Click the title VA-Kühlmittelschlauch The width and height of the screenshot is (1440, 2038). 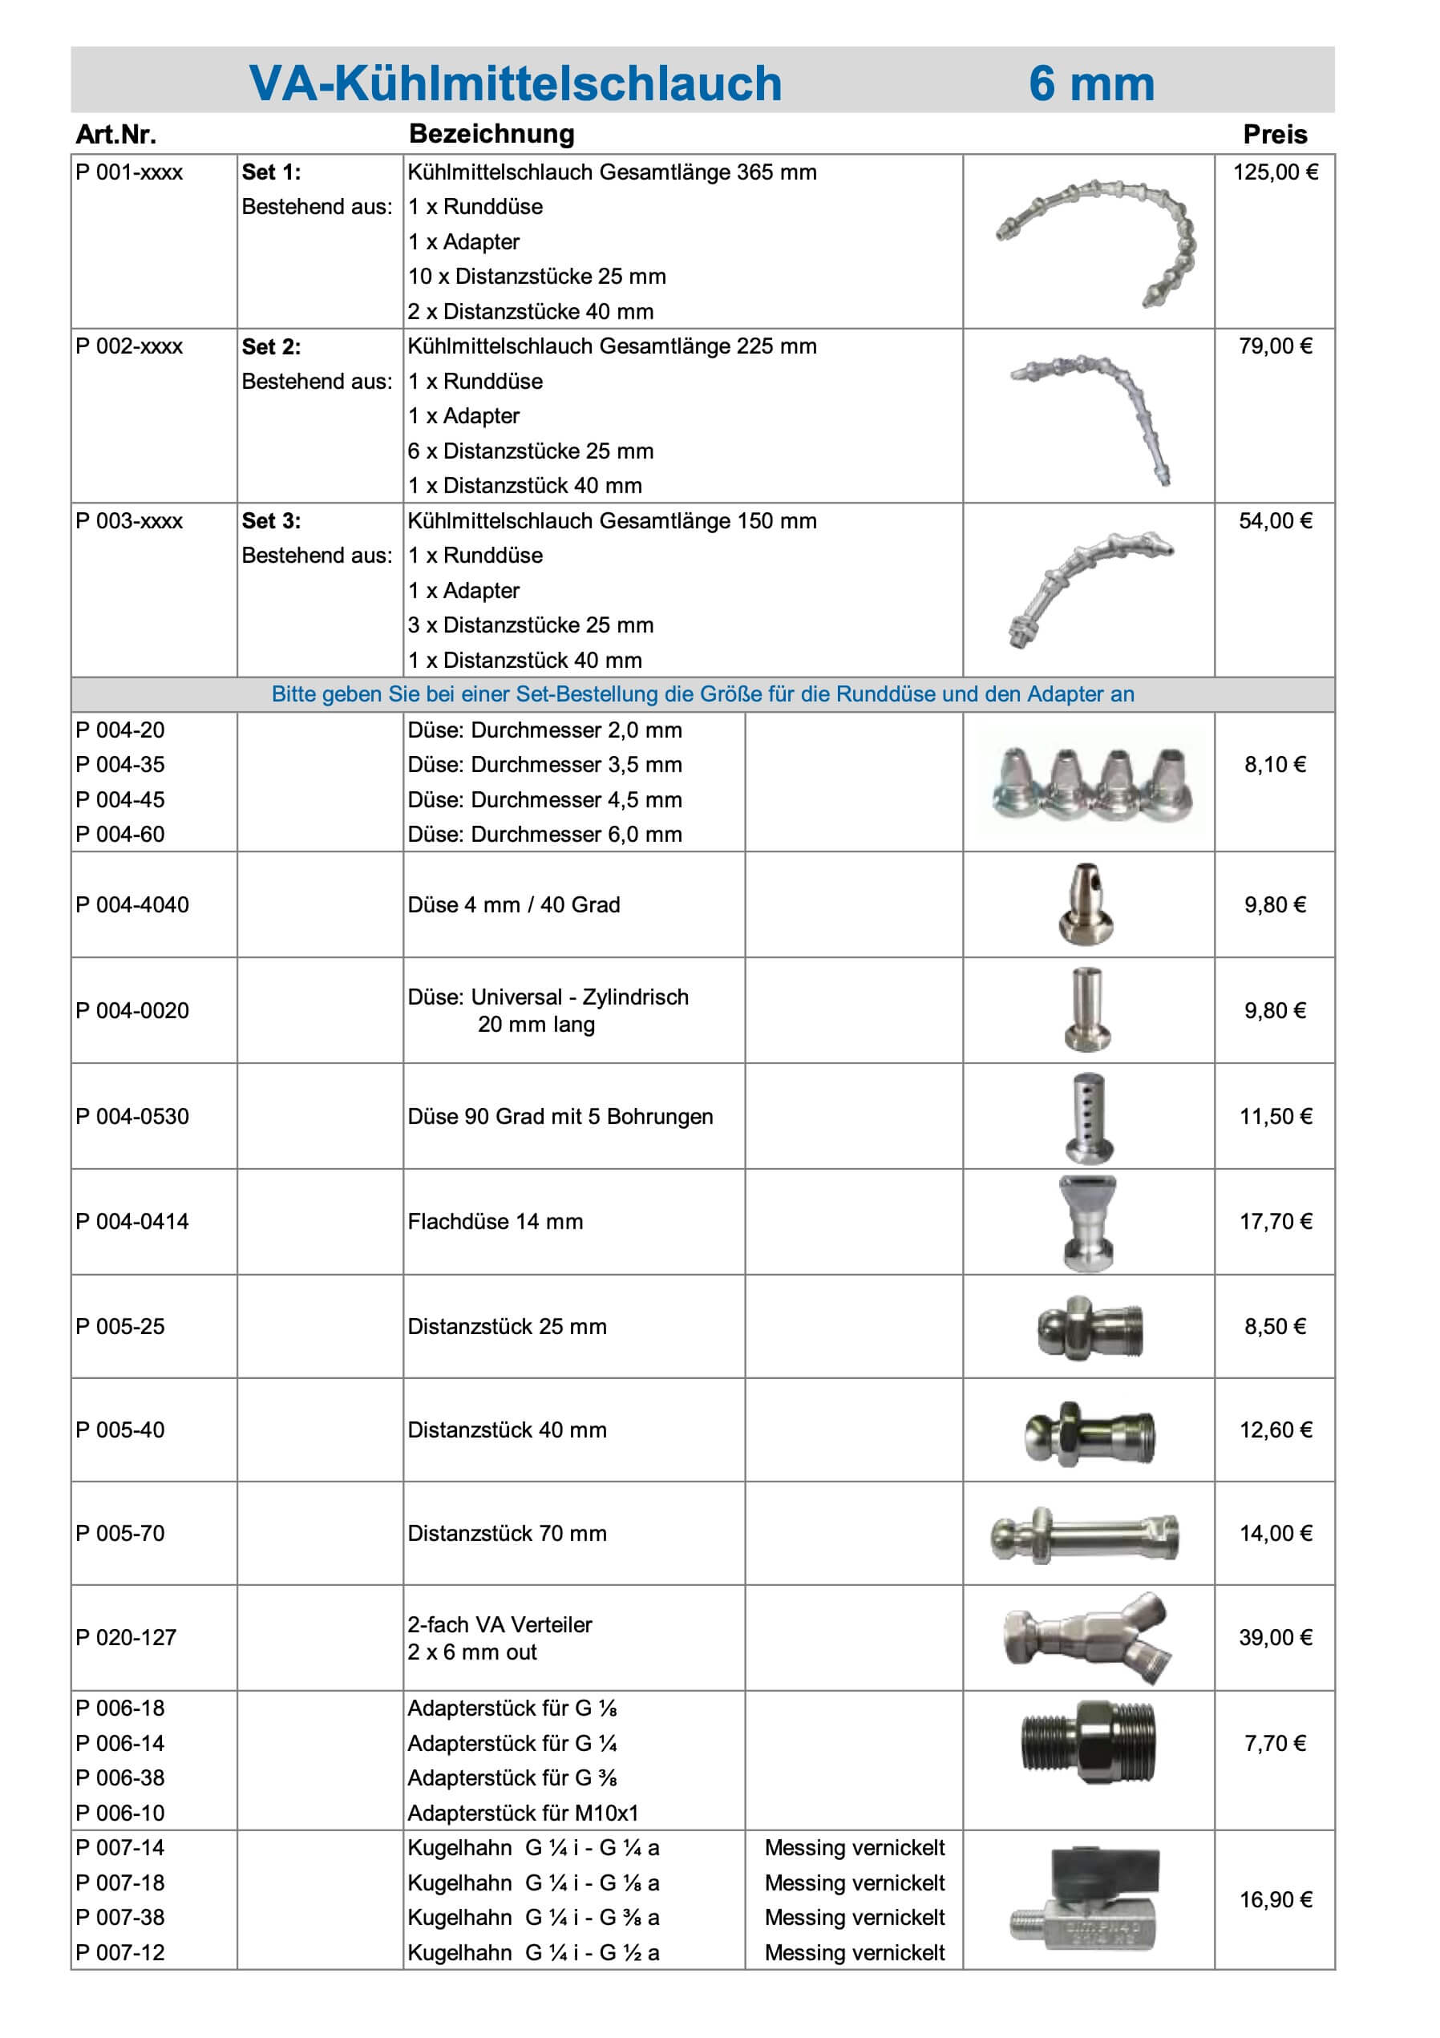pyautogui.click(x=515, y=83)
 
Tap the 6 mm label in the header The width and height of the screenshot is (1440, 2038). pyautogui.click(x=1091, y=83)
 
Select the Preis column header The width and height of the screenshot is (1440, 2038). pyautogui.click(x=1274, y=134)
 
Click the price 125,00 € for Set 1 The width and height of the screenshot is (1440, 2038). pyautogui.click(x=1274, y=172)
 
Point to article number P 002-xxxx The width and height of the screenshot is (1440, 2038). pyautogui.click(x=130, y=346)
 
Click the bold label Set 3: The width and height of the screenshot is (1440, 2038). pyautogui.click(x=271, y=521)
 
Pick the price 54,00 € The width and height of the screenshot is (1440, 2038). pyautogui.click(x=1275, y=521)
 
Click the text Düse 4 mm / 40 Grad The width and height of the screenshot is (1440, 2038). pyautogui.click(x=513, y=904)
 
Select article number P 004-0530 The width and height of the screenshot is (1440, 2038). pyautogui.click(x=132, y=1116)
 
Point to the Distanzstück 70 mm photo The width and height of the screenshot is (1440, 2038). pyautogui.click(x=1085, y=1535)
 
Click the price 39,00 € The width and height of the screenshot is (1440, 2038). pyautogui.click(x=1275, y=1638)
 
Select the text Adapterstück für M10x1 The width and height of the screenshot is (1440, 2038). pyautogui.click(x=523, y=1813)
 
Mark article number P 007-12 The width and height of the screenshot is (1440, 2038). pyautogui.click(x=121, y=1952)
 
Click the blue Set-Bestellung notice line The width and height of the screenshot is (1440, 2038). pyautogui.click(x=702, y=694)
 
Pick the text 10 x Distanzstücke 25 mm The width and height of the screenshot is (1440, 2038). pyautogui.click(x=536, y=276)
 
